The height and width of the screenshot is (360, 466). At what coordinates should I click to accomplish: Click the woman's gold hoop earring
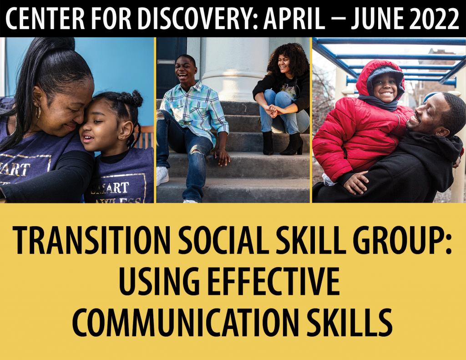pos(38,112)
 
